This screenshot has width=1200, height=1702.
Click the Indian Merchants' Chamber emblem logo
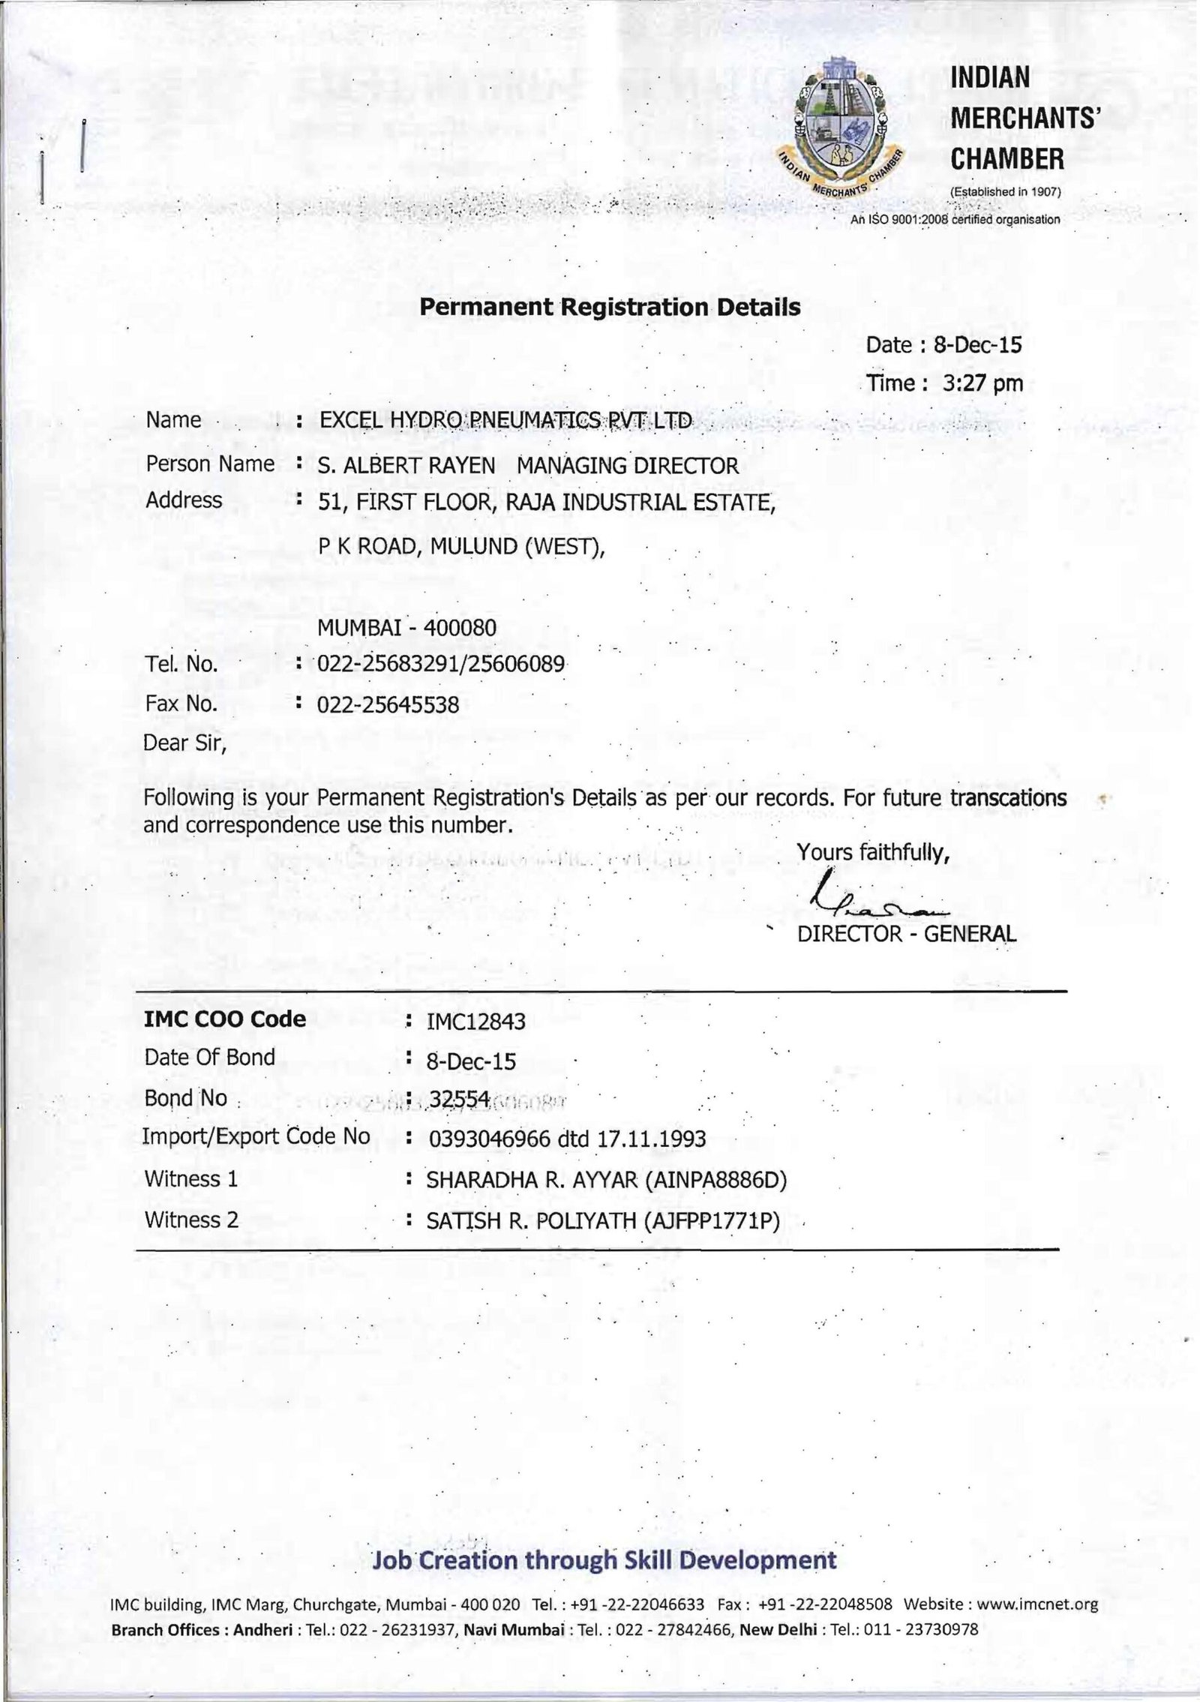tap(841, 127)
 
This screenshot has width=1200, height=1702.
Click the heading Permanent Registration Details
tap(610, 307)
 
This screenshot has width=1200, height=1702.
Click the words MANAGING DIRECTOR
tap(628, 466)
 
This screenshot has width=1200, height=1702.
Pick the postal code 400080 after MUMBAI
tap(460, 627)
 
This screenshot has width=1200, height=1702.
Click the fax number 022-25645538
tap(388, 704)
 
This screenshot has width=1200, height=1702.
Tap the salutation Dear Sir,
tap(184, 743)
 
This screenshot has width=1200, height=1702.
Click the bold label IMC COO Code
tap(225, 1019)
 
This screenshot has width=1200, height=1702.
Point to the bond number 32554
tap(459, 1099)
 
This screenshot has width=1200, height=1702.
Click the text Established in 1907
tap(1004, 192)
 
